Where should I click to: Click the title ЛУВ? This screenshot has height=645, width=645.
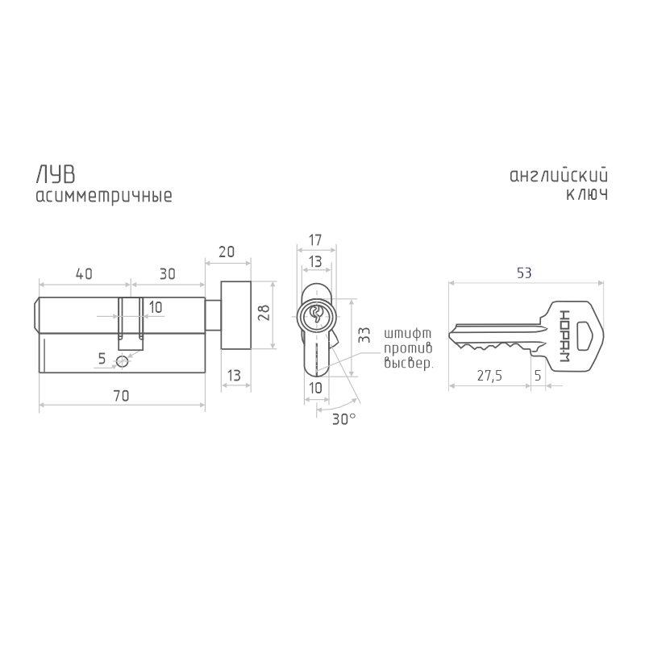coord(56,174)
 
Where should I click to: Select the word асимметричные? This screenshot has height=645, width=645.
coord(104,196)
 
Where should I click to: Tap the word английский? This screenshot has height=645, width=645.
coord(559,175)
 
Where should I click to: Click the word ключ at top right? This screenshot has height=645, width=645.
coord(587,194)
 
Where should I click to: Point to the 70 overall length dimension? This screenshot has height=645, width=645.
coord(121,396)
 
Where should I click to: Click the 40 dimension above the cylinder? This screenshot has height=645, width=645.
coord(84,274)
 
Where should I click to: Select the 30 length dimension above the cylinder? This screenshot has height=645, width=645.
coord(167,274)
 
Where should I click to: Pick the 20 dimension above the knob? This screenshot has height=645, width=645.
coord(227,252)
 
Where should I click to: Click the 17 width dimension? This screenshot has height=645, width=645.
coord(315,239)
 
